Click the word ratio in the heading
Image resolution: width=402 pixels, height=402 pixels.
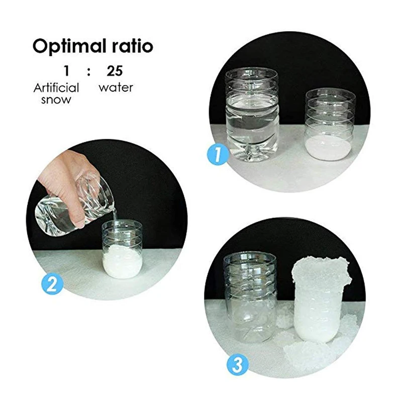point(131,46)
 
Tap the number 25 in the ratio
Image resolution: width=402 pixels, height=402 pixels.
point(115,71)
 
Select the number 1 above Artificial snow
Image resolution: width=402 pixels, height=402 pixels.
point(67,71)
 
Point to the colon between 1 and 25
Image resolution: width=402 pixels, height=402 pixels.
point(89,72)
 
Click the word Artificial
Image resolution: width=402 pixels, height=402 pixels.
point(56,87)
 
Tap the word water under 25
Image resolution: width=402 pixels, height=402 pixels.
point(116,87)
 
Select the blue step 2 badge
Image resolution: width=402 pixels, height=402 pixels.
point(52,284)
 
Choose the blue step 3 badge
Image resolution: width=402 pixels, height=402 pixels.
point(237,364)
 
